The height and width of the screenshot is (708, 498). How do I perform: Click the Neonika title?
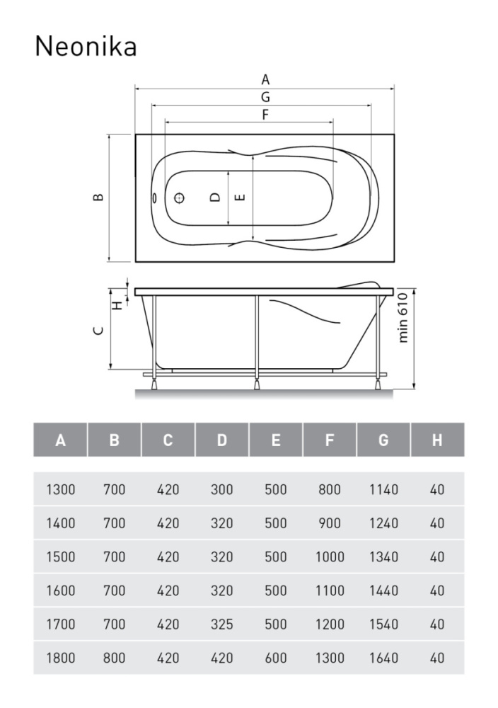[x=86, y=46]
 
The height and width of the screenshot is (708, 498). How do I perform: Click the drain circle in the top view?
[x=180, y=198]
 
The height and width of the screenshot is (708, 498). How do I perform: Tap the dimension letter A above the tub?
[x=265, y=79]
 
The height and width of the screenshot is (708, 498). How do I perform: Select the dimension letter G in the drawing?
[x=265, y=96]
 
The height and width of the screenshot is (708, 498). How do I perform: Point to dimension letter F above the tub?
[x=265, y=115]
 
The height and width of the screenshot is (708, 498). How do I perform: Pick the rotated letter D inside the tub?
[x=215, y=198]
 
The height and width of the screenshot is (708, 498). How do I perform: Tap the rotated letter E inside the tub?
[x=241, y=198]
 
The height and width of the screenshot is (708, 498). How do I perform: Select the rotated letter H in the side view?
[x=117, y=306]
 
